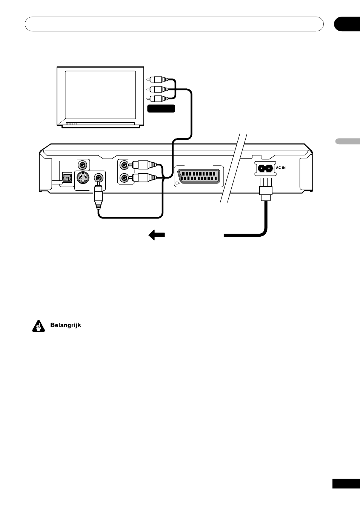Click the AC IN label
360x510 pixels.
click(x=281, y=168)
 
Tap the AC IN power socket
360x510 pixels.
click(x=265, y=168)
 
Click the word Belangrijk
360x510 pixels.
click(x=66, y=325)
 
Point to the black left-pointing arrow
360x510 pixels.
click(x=157, y=235)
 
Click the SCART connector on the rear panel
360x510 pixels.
click(x=199, y=176)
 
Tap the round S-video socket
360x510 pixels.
click(x=83, y=177)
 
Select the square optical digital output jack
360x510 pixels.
click(x=67, y=177)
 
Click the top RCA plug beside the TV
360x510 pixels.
click(x=158, y=79)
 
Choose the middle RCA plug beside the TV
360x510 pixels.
click(x=158, y=89)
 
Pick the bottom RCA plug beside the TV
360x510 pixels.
click(x=158, y=99)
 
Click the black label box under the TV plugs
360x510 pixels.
click(x=161, y=109)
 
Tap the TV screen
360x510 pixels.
click(x=100, y=95)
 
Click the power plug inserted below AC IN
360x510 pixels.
click(x=266, y=190)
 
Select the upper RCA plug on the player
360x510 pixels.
click(x=143, y=164)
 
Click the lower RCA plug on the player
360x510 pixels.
click(x=143, y=177)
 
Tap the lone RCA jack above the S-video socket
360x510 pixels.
click(x=82, y=164)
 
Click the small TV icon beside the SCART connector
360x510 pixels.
click(x=177, y=183)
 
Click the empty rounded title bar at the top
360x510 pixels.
click(x=174, y=24)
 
